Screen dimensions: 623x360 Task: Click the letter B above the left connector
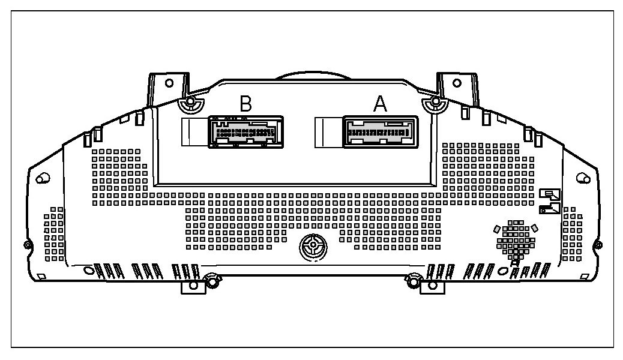(x=245, y=104)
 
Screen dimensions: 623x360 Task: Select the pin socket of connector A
(x=380, y=131)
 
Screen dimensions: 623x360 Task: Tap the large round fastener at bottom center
(x=312, y=246)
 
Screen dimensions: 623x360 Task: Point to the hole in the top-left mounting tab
(x=169, y=82)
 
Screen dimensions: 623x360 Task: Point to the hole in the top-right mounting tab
(x=456, y=82)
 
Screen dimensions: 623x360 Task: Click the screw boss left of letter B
(x=190, y=104)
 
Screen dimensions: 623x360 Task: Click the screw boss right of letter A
(x=433, y=104)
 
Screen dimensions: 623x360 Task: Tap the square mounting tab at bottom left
(x=192, y=286)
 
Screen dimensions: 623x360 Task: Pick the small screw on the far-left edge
(x=26, y=244)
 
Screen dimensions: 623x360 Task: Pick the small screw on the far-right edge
(x=598, y=244)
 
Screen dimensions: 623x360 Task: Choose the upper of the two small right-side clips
(x=550, y=194)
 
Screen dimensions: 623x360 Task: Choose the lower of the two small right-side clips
(x=550, y=208)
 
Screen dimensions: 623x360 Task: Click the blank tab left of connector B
(x=194, y=131)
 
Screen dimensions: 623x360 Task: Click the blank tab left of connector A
(x=328, y=131)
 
